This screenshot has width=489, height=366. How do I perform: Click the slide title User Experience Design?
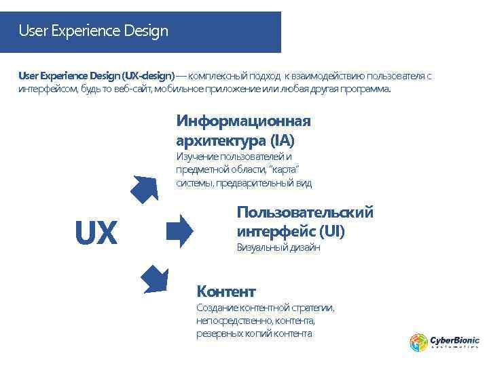pyautogui.click(x=93, y=31)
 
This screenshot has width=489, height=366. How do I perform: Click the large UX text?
pyautogui.click(x=96, y=234)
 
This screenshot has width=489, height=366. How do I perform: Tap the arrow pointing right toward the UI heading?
pyautogui.click(x=179, y=230)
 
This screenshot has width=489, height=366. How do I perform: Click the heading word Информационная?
pyautogui.click(x=243, y=121)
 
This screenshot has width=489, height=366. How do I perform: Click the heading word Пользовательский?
pyautogui.click(x=305, y=213)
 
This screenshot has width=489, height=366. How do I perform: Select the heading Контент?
pyautogui.click(x=225, y=292)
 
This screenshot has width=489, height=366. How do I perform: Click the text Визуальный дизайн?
pyautogui.click(x=278, y=249)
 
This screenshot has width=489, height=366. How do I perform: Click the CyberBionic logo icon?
pyautogui.click(x=418, y=342)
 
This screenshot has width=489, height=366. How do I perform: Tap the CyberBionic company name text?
pyautogui.click(x=454, y=340)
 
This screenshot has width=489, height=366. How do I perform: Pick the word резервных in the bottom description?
pyautogui.click(x=219, y=334)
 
